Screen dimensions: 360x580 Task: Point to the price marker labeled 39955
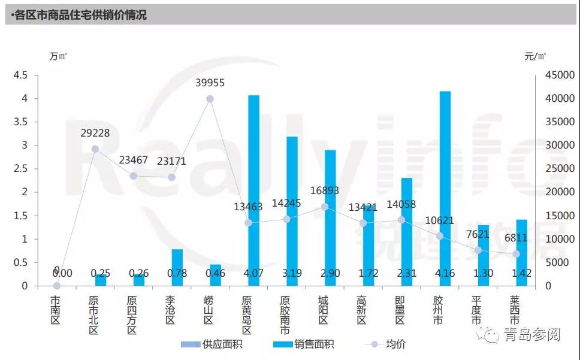click(x=210, y=99)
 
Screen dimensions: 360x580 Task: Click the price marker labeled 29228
click(x=95, y=149)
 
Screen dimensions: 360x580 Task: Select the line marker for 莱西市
click(x=516, y=254)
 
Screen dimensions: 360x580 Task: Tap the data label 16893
click(x=325, y=191)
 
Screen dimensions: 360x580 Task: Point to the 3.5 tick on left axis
click(x=20, y=122)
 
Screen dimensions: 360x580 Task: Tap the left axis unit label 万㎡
click(x=58, y=56)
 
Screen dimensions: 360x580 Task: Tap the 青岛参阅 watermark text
click(x=531, y=334)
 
